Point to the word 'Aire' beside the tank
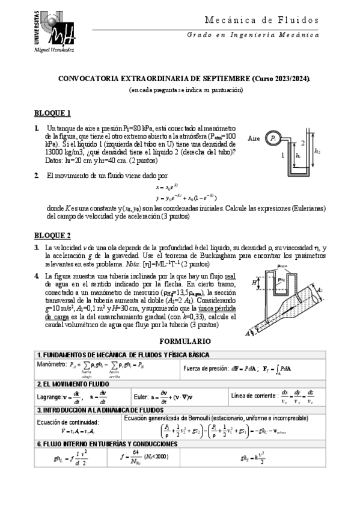coord(254,138)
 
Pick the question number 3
coord(37,248)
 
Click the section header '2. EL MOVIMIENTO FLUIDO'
coord(73,382)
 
